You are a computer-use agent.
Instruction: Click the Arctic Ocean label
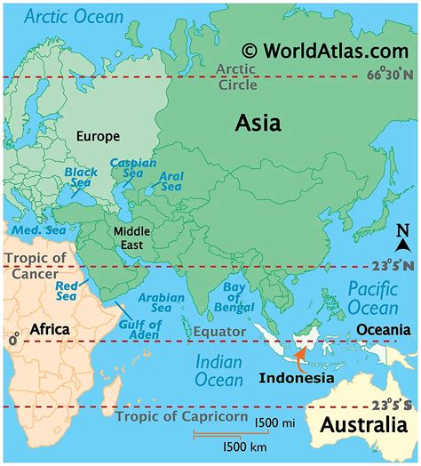point(76,17)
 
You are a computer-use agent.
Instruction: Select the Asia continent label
point(258,124)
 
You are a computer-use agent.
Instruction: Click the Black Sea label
point(81,178)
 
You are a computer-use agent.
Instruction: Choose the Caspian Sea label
point(132,170)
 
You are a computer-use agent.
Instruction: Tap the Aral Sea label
point(171,181)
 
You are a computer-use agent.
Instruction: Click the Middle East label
point(132,238)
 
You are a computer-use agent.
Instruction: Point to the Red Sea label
point(68,291)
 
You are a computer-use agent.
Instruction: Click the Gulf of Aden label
point(139,330)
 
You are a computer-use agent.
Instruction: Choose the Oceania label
point(384,330)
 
